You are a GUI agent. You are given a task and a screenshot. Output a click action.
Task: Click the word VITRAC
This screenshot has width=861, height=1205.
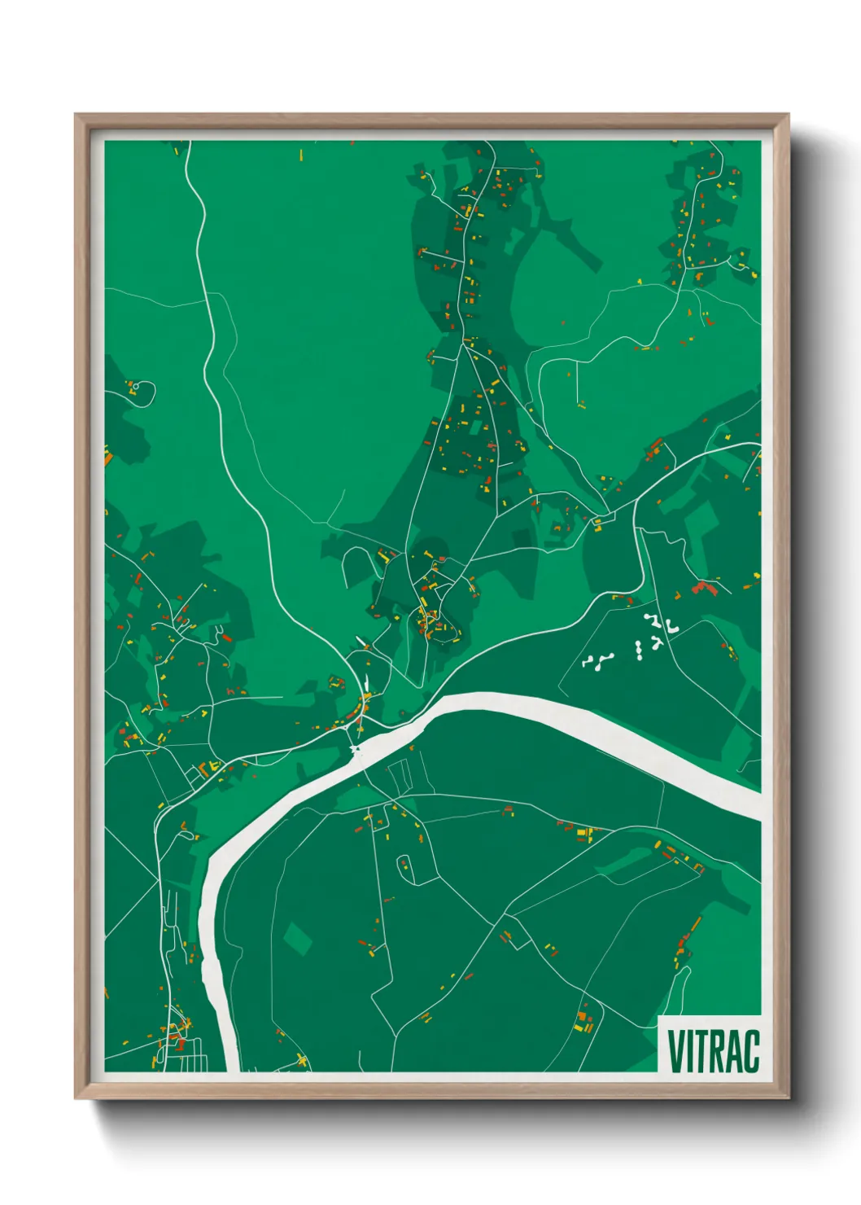[713, 1051]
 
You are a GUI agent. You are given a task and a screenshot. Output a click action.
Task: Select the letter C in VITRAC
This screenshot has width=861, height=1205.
[750, 1051]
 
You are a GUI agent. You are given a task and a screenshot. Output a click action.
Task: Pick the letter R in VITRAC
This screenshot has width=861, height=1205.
[715, 1051]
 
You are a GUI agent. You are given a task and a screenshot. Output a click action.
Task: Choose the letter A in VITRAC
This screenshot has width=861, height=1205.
[732, 1051]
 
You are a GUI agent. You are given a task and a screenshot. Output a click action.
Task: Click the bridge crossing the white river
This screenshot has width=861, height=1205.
[356, 748]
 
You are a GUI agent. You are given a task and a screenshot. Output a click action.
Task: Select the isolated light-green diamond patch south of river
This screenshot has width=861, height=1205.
[297, 938]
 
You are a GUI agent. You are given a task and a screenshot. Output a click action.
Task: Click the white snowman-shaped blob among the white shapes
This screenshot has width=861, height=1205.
[639, 649]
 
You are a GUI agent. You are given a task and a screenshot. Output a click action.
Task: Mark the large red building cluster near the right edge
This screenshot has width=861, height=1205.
[705, 587]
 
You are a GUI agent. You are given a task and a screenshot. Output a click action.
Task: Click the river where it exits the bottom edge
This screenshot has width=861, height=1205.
[228, 1063]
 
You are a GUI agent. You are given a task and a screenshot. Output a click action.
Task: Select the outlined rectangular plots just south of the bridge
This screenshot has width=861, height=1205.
[400, 778]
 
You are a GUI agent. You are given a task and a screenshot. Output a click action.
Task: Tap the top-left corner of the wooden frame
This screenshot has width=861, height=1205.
[76, 115]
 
